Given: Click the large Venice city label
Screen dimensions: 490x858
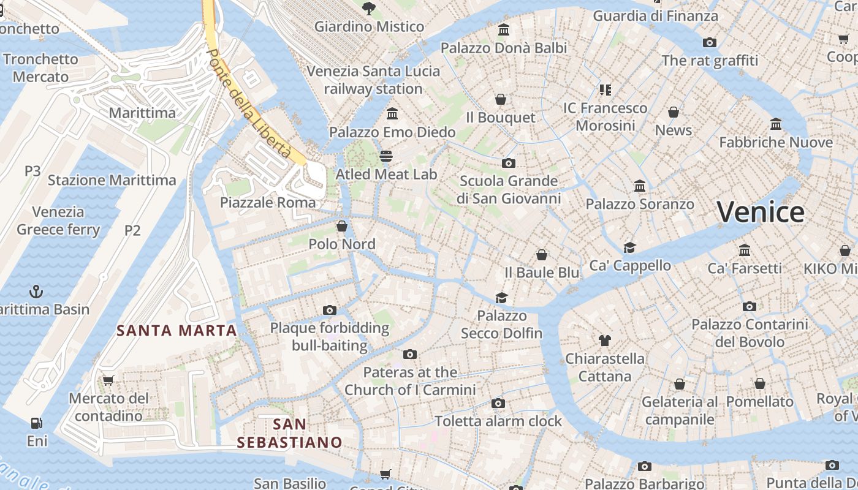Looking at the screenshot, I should [x=760, y=213].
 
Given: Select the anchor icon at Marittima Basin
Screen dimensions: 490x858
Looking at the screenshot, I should [x=36, y=291].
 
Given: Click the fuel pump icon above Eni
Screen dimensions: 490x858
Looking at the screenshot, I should [x=37, y=423].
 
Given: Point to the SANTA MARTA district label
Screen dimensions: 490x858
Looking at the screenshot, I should [x=177, y=331].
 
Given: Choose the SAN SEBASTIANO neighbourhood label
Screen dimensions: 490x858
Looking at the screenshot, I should [x=289, y=433].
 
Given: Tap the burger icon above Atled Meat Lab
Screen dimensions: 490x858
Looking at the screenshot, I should [x=385, y=156].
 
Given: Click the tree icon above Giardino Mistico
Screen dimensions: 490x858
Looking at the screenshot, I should [x=368, y=8].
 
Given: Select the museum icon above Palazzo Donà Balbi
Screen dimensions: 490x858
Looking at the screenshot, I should [x=504, y=29].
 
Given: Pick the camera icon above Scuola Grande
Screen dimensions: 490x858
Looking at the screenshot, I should [x=508, y=163].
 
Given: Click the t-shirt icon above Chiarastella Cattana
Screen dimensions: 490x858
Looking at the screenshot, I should [x=605, y=340].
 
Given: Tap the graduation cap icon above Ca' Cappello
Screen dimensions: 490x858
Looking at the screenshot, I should [x=629, y=247].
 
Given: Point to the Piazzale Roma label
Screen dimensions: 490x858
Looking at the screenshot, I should [x=268, y=203].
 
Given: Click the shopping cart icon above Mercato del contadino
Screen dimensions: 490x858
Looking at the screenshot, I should [x=108, y=380].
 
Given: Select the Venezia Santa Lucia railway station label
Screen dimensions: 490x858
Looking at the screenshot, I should [x=373, y=80].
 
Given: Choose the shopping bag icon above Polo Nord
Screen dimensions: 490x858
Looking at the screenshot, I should [x=342, y=226].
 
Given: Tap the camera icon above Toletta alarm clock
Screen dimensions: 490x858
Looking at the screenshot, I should [x=498, y=403].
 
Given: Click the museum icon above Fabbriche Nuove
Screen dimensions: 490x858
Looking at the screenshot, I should [x=776, y=124].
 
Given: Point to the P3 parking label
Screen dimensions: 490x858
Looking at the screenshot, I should [x=32, y=171].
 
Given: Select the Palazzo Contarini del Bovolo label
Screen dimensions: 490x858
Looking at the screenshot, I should [x=750, y=333].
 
